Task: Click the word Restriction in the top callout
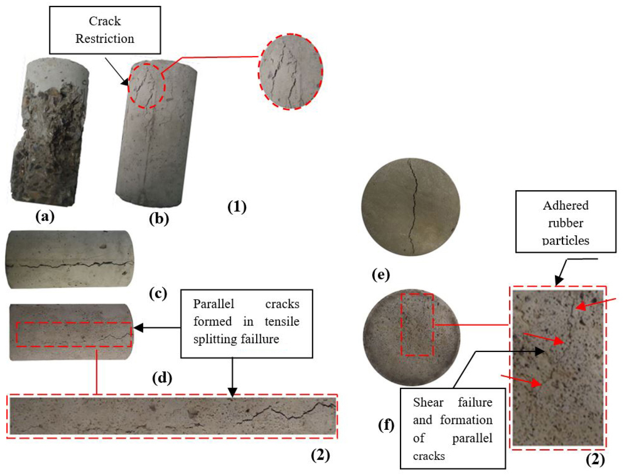pos(105,39)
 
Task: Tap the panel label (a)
pos(45,216)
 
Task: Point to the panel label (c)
pos(158,293)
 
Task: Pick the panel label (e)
pos(381,275)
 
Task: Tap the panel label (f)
pos(386,424)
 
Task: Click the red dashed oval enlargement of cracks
pos(291,71)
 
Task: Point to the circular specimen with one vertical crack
pos(410,207)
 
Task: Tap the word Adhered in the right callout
pos(565,205)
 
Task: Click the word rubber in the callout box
pos(565,223)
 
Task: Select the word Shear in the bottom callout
pos(428,402)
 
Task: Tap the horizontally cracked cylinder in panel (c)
pos(70,260)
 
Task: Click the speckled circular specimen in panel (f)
pos(412,338)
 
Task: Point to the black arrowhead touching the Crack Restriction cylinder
pos(125,82)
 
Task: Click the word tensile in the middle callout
pos(282,321)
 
